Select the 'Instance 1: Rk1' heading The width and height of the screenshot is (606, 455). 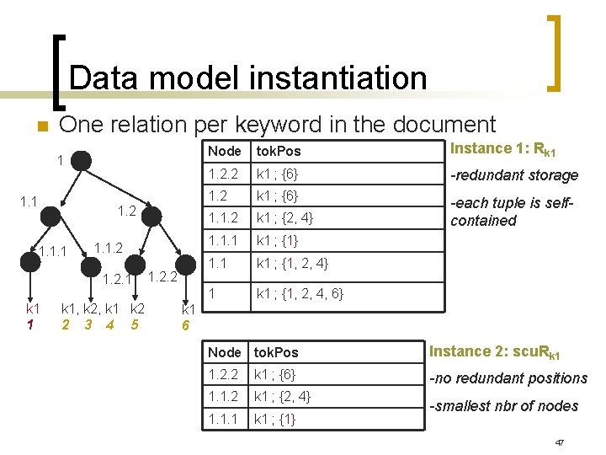503,149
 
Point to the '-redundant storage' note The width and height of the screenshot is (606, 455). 514,175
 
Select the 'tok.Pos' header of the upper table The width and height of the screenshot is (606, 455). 279,151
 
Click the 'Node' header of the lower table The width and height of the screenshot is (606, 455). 225,352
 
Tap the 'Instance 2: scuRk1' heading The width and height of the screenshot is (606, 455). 507,352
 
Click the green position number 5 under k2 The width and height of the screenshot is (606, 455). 134,324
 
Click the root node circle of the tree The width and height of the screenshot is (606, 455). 81,158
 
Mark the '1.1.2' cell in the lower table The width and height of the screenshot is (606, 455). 225,396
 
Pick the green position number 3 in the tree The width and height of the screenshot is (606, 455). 86,324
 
